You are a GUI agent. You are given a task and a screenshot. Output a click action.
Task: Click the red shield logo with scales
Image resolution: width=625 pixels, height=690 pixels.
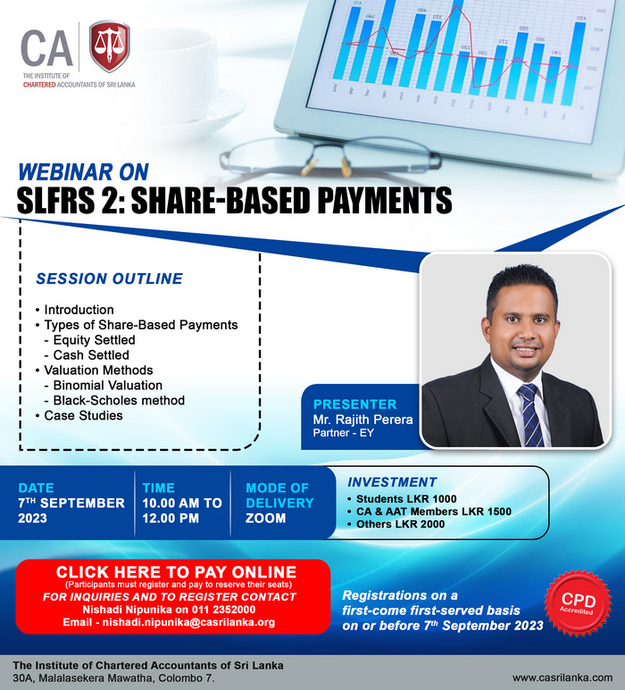[109, 46]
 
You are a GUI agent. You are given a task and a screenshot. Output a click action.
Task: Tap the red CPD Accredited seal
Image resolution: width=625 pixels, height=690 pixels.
[578, 603]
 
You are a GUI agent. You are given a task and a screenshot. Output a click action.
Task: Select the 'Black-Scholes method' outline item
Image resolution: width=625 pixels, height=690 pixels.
[119, 401]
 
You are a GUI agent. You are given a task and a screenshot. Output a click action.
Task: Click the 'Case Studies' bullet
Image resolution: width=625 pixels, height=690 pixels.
[83, 415]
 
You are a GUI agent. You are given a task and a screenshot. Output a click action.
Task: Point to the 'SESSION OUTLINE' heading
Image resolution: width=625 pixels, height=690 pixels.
[109, 278]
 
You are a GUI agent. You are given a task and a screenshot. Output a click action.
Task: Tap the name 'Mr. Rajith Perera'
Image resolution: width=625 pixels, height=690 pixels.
[362, 420]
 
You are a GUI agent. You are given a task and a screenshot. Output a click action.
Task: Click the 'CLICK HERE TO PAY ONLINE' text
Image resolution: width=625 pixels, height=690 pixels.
[176, 572]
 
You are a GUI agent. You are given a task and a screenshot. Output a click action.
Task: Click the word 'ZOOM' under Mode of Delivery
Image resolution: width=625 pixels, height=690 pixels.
[265, 519]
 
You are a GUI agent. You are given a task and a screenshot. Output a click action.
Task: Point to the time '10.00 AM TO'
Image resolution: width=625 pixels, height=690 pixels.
[182, 503]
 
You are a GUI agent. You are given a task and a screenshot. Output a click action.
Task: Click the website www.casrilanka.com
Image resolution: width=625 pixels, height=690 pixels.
[562, 678]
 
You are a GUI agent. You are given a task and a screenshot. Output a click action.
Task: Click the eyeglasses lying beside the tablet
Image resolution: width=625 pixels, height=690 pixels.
[330, 157]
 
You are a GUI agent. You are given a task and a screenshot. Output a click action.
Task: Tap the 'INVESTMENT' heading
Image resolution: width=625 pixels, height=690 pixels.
[392, 482]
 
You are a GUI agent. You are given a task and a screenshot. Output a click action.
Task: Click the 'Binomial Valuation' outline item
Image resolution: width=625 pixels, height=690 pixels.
[108, 386]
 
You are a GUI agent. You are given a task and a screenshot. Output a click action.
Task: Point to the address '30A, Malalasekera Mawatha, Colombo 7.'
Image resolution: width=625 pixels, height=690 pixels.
[113, 678]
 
